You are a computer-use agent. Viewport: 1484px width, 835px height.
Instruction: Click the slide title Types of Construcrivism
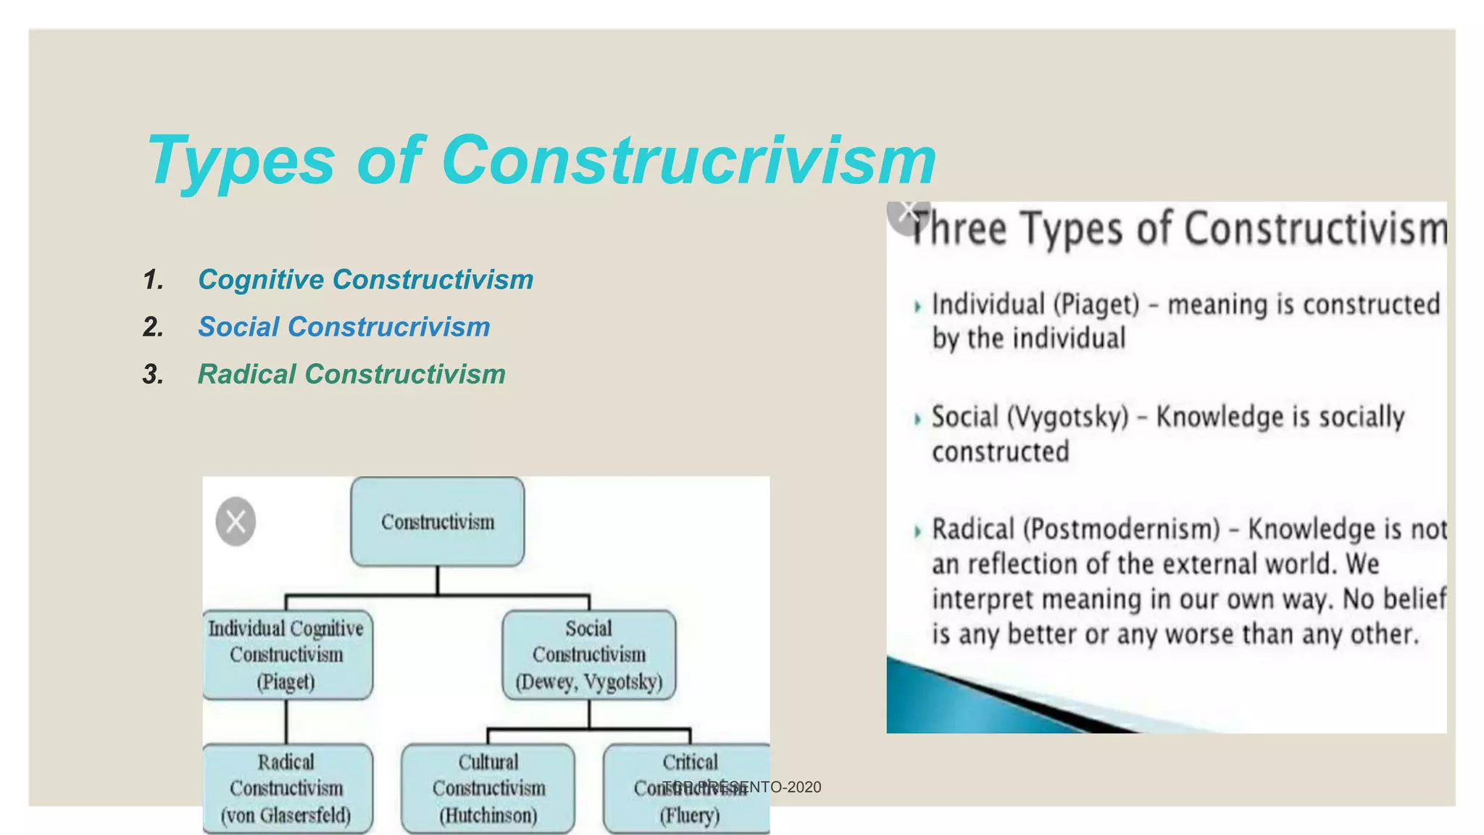[541, 161]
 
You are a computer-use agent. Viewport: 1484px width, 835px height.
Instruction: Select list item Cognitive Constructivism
[365, 280]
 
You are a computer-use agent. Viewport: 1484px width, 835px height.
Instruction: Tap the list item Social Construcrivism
[343, 327]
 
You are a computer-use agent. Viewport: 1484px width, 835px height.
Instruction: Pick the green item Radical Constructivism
[351, 374]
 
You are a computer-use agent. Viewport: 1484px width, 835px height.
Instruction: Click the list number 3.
[153, 375]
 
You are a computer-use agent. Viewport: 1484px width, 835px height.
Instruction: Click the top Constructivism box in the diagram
[437, 522]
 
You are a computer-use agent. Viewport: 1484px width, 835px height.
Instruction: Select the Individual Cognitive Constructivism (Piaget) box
[287, 655]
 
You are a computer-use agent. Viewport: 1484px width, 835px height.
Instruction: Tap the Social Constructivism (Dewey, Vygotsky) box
[588, 655]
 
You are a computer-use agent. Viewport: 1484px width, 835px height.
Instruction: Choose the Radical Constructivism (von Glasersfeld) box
[287, 788]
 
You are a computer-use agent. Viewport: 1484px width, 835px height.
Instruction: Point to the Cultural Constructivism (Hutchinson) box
[488, 788]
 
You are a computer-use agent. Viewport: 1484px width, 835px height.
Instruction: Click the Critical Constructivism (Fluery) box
[688, 788]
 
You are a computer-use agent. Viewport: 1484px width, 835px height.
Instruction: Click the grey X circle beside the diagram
[235, 521]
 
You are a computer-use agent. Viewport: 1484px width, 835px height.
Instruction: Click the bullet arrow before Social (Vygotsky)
[917, 419]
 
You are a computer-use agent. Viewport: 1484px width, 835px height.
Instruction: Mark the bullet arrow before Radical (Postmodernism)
[917, 531]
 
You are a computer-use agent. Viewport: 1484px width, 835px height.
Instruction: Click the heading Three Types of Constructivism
[1177, 229]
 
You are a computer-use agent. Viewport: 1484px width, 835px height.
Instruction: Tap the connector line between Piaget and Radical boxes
[286, 721]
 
